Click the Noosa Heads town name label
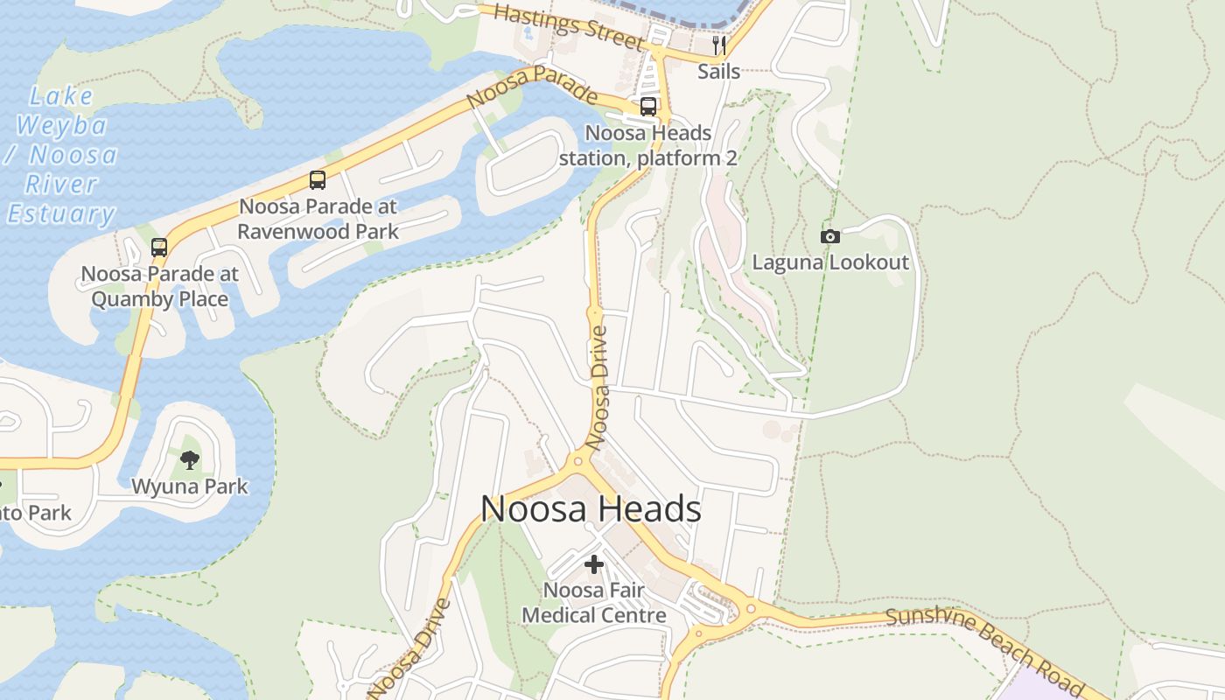[591, 509]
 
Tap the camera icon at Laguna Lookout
[829, 236]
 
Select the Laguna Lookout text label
[830, 262]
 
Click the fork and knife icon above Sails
[719, 45]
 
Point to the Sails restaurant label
[718, 72]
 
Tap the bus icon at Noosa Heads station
[648, 107]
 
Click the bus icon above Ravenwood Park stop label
[318, 180]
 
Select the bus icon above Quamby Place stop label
[158, 248]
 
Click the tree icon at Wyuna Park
[189, 459]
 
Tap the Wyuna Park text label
[189, 486]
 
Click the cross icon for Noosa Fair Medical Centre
[594, 564]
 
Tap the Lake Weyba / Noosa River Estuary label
[61, 155]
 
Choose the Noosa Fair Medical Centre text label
[594, 603]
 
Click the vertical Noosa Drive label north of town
[598, 388]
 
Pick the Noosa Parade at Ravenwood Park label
[318, 219]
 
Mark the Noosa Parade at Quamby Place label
[159, 286]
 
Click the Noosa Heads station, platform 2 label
[648, 145]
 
